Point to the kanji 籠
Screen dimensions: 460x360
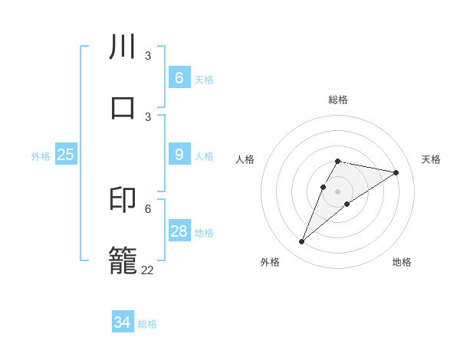point(123,258)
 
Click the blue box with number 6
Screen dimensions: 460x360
point(179,78)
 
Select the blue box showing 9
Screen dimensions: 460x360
point(179,155)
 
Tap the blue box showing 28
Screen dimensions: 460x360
point(179,231)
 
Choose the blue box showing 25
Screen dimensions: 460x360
point(65,155)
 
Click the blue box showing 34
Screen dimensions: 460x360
point(122,322)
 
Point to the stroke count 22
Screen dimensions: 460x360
point(147,270)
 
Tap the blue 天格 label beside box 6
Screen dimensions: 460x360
point(204,79)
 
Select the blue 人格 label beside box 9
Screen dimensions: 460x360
point(204,155)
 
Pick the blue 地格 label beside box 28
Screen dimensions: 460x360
point(204,232)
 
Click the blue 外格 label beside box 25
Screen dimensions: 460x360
point(41,155)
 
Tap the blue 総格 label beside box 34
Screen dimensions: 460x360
point(147,323)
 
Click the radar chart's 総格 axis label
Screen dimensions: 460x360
point(337,100)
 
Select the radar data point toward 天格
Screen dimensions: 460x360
point(396,172)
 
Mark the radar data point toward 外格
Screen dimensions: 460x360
point(302,242)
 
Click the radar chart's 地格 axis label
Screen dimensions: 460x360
point(402,262)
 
